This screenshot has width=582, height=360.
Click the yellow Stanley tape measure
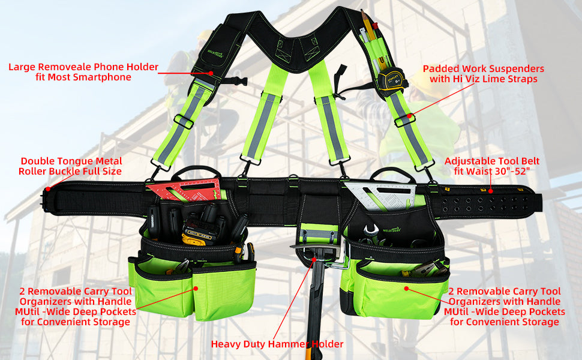393,79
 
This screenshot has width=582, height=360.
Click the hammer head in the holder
319,253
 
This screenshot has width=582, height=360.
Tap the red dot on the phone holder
211,73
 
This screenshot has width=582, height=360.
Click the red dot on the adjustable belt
491,191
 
